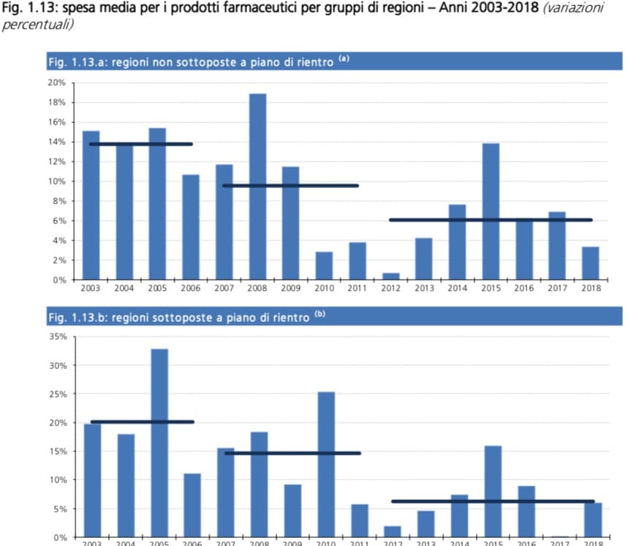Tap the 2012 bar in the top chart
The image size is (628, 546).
tap(390, 277)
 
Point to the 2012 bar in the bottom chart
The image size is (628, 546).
tap(393, 531)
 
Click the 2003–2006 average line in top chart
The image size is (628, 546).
tap(140, 144)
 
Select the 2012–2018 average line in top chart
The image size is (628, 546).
tap(490, 220)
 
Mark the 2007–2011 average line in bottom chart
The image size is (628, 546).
tap(292, 453)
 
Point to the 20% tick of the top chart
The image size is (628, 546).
tap(56, 83)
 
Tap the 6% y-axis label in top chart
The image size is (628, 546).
tap(58, 220)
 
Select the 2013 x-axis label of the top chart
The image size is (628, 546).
tap(423, 288)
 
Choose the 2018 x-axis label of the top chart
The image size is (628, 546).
tap(591, 288)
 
